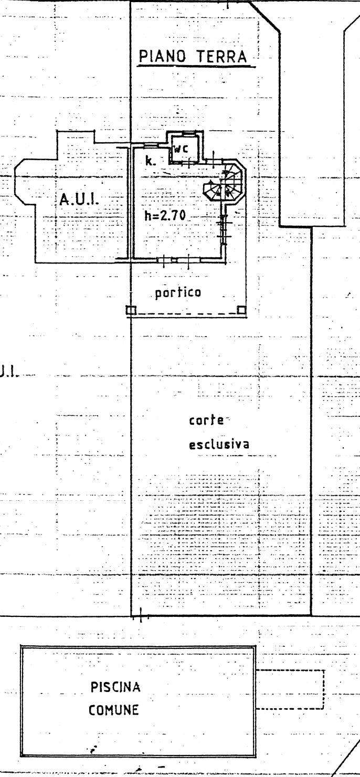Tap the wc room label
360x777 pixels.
click(x=181, y=149)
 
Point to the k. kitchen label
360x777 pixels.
click(x=150, y=161)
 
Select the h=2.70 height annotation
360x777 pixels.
click(x=165, y=216)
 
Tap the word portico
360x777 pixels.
click(x=178, y=292)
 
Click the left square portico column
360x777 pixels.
click(x=131, y=310)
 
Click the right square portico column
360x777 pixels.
click(x=241, y=310)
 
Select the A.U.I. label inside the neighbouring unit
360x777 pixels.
click(x=79, y=199)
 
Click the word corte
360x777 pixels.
click(x=207, y=421)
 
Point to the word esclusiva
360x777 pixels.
click(x=219, y=444)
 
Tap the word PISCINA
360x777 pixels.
click(x=115, y=687)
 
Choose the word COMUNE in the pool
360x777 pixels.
click(x=114, y=710)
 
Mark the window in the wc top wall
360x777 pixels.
click(x=188, y=133)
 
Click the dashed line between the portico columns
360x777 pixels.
click(x=186, y=314)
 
